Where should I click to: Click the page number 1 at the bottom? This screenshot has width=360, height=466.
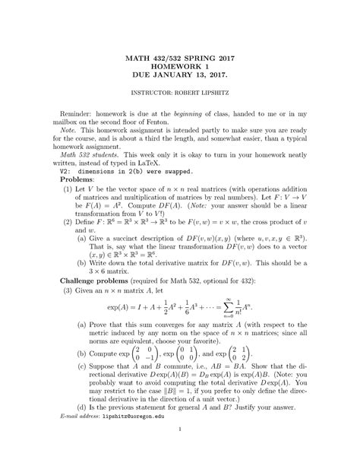click(x=180, y=449)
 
